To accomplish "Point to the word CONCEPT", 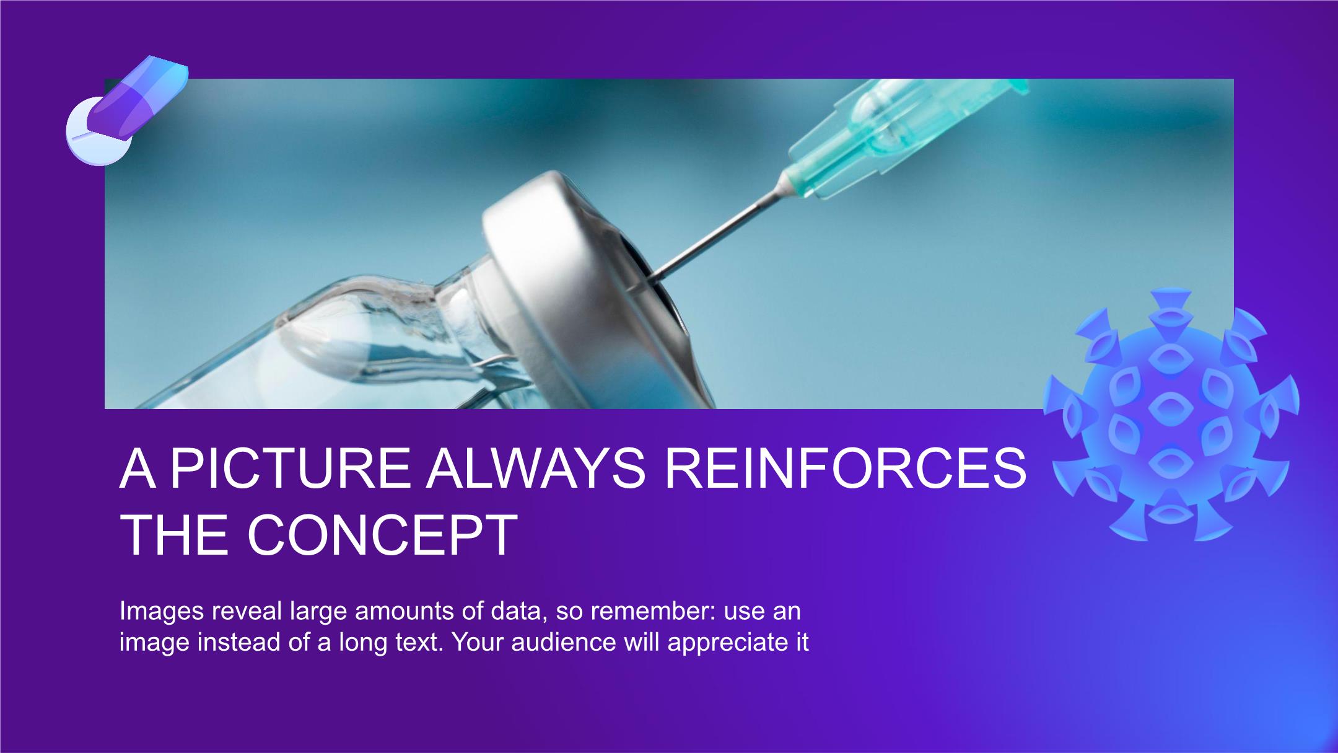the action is pos(382,534).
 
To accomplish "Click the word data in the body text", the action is pos(517,612).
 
